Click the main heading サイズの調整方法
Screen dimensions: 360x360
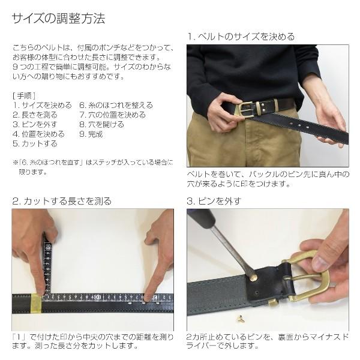[x=59, y=19]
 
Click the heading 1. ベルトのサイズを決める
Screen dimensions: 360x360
[x=241, y=37]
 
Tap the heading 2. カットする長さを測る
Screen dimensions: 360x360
[x=62, y=201]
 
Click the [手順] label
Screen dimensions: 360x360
[x=24, y=95]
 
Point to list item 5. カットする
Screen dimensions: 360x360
[x=35, y=143]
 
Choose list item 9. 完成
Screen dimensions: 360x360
[x=91, y=134]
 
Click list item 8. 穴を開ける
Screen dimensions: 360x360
[x=102, y=124]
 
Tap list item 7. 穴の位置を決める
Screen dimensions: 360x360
[x=112, y=115]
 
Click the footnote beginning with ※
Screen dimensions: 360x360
[x=93, y=166]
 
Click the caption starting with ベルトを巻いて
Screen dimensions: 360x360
[x=266, y=179]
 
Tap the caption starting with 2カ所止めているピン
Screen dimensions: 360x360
[x=266, y=341]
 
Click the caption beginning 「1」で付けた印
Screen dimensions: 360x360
[x=92, y=341]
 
